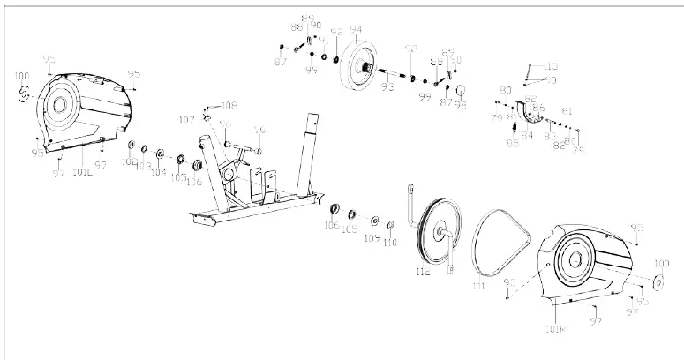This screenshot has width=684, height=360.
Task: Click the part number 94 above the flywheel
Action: [357, 30]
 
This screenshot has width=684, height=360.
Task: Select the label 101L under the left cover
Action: [84, 161]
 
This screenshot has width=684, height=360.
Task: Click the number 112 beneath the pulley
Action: [423, 274]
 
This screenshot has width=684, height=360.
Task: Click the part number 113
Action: [550, 67]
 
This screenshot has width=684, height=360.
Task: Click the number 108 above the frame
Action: [229, 104]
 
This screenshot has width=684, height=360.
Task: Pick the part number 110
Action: [390, 243]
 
